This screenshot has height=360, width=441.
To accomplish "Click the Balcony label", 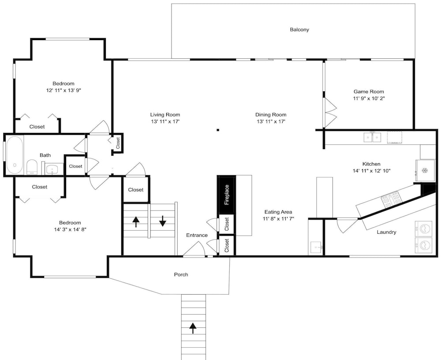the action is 299,30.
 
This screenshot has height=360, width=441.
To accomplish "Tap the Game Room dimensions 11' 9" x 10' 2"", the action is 369,98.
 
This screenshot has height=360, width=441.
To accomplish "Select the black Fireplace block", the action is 226,195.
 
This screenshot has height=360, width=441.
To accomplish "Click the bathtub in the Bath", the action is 15,155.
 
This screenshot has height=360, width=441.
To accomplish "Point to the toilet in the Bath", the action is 32,167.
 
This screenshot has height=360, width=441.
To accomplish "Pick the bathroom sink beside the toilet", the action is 52,169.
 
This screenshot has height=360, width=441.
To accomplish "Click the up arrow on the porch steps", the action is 193,328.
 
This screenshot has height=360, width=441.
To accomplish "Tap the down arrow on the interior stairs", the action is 163,221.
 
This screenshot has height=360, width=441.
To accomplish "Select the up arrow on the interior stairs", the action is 136,221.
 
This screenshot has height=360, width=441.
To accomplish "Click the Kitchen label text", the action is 371,164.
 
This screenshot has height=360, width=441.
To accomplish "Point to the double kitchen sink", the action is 372,137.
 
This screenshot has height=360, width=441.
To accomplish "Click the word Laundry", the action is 386,232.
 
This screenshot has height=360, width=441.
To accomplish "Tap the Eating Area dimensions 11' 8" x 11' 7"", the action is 278,219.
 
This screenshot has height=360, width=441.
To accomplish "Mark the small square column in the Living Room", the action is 218,130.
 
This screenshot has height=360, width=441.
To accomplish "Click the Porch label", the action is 181,274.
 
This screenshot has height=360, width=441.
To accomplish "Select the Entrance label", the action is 197,235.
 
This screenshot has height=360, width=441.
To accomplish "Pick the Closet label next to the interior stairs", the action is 135,190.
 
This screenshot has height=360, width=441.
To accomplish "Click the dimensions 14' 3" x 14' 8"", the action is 70,229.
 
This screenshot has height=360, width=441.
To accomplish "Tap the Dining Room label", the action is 271,115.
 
